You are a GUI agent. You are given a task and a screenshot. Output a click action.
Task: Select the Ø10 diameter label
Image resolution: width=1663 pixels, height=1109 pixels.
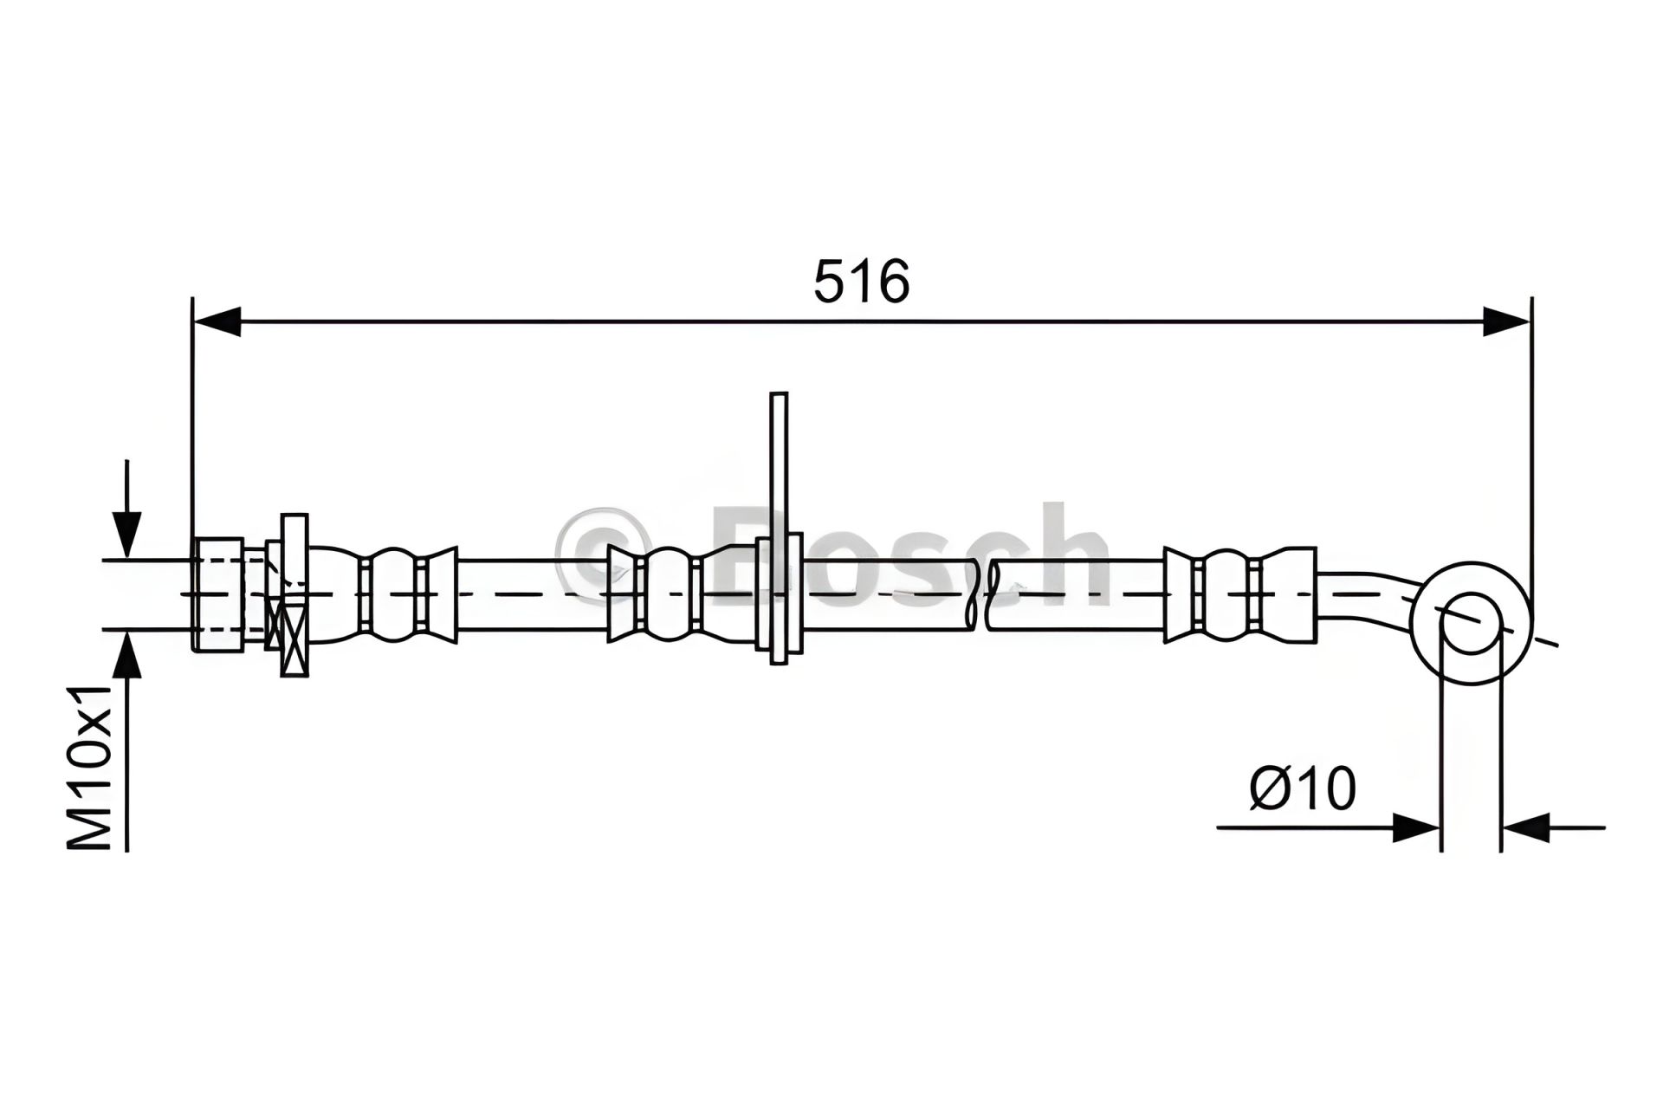(1303, 788)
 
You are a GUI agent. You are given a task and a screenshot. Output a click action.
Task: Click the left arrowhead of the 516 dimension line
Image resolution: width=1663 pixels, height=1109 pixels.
(217, 321)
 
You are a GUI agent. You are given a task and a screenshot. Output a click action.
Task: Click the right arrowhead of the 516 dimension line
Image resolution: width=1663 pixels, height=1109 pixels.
(1507, 321)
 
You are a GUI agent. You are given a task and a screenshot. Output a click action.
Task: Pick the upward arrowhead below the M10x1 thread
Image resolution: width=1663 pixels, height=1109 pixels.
(127, 654)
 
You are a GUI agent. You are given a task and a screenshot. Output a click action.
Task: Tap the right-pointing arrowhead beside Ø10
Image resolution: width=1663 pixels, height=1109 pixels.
(1416, 827)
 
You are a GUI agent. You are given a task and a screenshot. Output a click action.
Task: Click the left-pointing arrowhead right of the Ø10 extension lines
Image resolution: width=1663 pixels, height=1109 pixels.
(1525, 827)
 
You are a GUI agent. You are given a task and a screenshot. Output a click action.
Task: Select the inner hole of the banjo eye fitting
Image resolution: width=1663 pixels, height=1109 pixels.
(1470, 622)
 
